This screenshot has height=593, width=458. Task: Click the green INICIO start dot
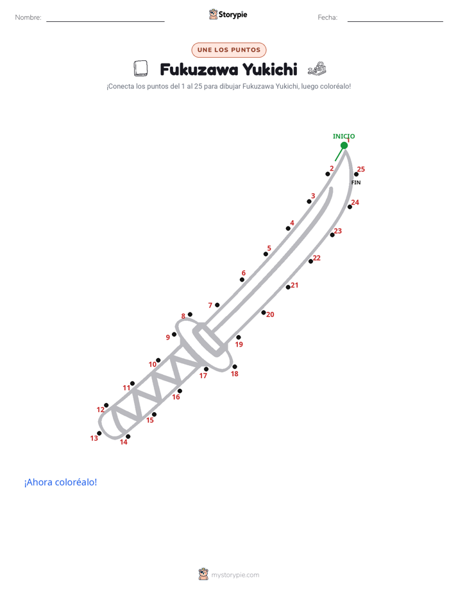click(x=344, y=146)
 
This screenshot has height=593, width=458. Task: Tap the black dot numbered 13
click(x=99, y=433)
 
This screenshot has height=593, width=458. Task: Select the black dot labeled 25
click(x=356, y=175)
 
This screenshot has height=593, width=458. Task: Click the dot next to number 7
click(x=217, y=305)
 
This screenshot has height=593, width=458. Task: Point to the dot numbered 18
click(x=235, y=367)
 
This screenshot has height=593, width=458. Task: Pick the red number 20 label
click(x=270, y=314)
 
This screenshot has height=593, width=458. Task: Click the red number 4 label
click(x=292, y=223)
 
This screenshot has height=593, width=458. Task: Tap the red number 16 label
click(x=176, y=397)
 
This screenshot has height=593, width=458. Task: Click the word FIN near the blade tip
click(x=356, y=183)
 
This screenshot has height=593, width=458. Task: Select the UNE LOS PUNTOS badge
click(x=229, y=50)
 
